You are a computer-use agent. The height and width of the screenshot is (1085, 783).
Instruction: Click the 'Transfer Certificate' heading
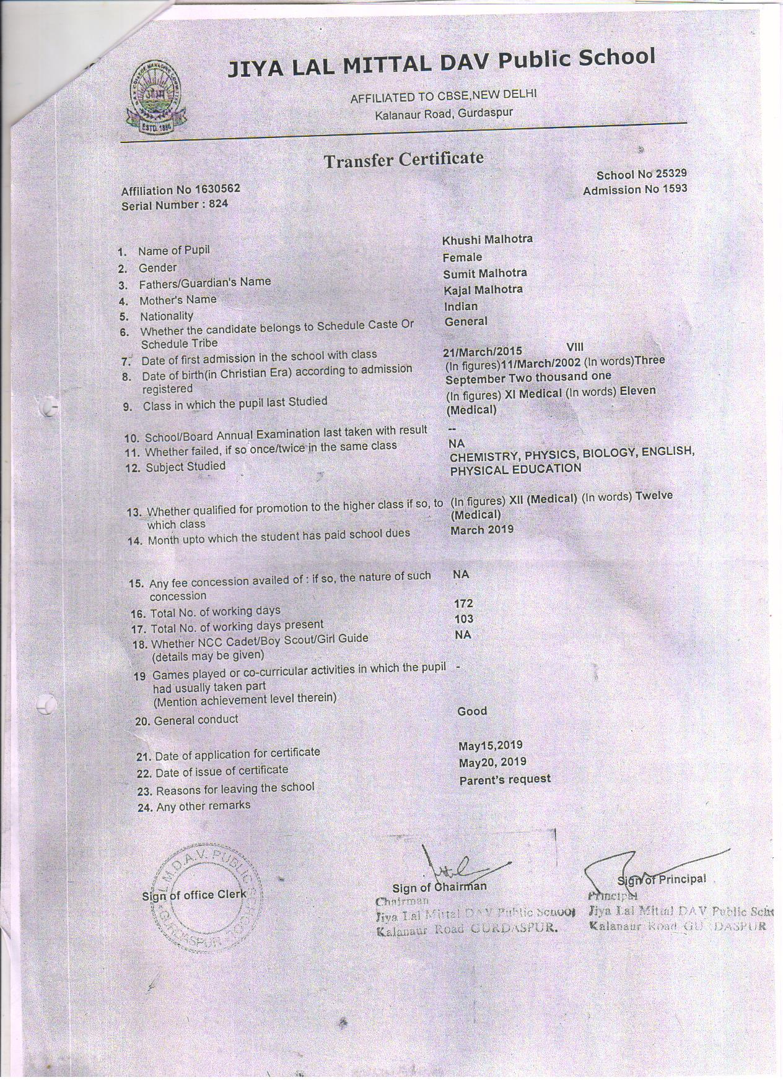click(x=403, y=160)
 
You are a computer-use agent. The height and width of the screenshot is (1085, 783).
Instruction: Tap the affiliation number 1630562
click(x=217, y=189)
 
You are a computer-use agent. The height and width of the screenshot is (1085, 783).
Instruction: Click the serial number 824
click(x=218, y=204)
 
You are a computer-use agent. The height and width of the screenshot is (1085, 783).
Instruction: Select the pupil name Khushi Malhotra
click(x=488, y=239)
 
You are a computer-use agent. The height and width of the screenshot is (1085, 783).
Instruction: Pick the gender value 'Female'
click(x=462, y=257)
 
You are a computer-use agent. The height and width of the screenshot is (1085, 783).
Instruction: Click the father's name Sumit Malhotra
click(x=485, y=273)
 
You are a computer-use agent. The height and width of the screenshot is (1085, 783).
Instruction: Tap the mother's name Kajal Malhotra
click(x=483, y=290)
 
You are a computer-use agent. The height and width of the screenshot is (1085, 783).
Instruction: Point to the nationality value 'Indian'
click(x=461, y=306)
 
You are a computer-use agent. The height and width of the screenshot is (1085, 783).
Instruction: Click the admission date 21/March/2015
click(x=483, y=352)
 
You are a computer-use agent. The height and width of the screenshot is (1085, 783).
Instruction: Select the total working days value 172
click(x=463, y=603)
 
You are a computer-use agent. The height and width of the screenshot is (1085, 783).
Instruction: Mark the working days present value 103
click(x=463, y=618)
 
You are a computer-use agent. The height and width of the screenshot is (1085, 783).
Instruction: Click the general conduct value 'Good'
click(x=472, y=711)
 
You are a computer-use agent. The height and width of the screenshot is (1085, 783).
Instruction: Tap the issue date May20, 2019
click(x=492, y=762)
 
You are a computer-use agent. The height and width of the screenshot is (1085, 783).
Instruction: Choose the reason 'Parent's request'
click(x=505, y=780)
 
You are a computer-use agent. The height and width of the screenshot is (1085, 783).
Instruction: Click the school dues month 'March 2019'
click(x=482, y=529)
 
